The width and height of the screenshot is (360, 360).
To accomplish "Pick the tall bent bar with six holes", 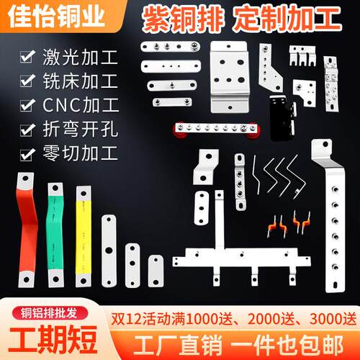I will [332, 216].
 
